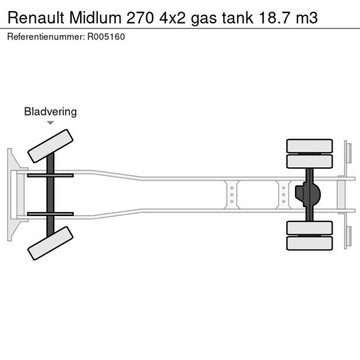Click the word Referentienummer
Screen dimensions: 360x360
(x=45, y=37)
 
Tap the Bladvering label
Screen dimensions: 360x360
(x=50, y=111)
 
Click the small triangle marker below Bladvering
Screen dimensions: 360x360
(x=51, y=123)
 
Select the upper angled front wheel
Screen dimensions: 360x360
(x=51, y=146)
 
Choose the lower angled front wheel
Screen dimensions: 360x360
(x=51, y=243)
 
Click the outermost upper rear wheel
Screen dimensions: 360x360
(x=309, y=145)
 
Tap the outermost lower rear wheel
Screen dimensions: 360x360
(x=309, y=243)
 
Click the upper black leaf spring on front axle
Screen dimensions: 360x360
(x=50, y=175)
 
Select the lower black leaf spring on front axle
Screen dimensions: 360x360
(x=50, y=214)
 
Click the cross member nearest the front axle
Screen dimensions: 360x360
(x=232, y=195)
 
